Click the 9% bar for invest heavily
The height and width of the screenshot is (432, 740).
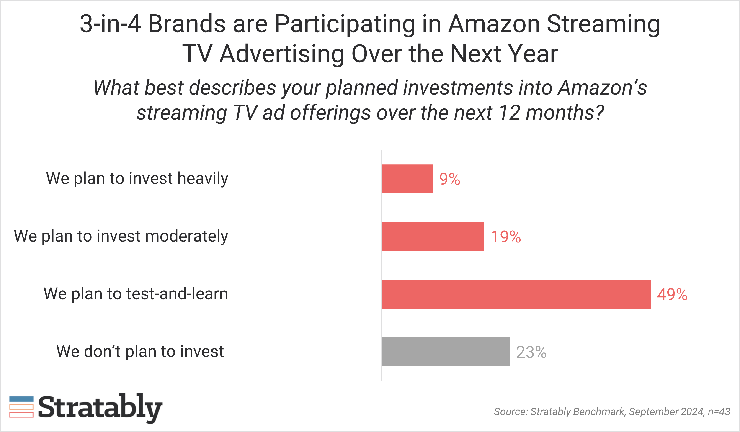pos(407,179)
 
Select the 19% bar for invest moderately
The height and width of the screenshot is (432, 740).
pos(433,237)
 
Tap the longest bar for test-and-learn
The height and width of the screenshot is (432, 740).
pos(516,294)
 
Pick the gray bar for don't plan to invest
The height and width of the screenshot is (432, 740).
pos(446,352)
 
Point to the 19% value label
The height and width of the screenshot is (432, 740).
pos(506,237)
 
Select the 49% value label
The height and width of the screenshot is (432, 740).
pos(672,294)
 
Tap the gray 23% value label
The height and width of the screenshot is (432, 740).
pos(531,352)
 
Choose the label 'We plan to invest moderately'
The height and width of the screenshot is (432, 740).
pos(121,236)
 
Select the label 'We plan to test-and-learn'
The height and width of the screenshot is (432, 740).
pos(136,294)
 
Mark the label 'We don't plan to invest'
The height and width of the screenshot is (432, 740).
pos(140,351)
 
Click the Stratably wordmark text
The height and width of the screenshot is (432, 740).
pos(100,408)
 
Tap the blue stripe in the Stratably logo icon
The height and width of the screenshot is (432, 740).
pos(21,399)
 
